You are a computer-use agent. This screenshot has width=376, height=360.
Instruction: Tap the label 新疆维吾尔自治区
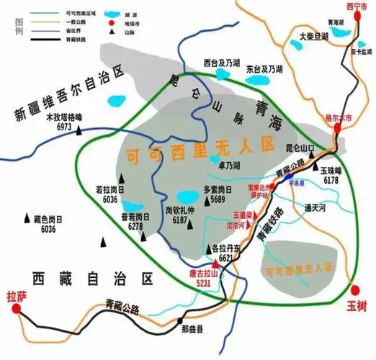68,94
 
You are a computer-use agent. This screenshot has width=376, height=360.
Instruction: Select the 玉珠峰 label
331,171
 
